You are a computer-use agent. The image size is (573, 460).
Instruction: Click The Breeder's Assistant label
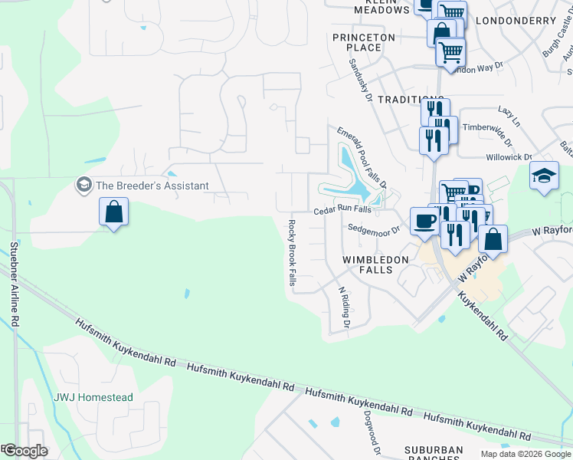(x=152, y=186)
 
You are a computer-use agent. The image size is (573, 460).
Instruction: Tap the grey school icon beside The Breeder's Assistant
(x=83, y=185)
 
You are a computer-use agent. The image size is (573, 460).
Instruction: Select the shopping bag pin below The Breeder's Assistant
(x=113, y=212)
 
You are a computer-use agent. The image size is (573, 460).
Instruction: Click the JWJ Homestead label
(x=93, y=398)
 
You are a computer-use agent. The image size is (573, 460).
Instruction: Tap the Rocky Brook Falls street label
(x=292, y=254)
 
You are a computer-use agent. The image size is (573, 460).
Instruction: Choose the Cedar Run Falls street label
(x=342, y=210)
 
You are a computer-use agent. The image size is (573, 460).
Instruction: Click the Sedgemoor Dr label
(x=374, y=228)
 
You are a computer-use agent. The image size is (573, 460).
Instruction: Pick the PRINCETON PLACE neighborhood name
(x=364, y=42)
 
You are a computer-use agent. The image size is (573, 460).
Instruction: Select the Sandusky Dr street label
(x=360, y=82)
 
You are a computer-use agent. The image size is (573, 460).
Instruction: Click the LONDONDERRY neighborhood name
(x=515, y=21)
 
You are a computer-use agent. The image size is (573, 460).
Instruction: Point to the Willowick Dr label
(x=509, y=157)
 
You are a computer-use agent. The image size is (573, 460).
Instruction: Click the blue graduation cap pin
(x=544, y=176)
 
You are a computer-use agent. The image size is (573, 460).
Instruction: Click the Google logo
(x=25, y=451)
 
